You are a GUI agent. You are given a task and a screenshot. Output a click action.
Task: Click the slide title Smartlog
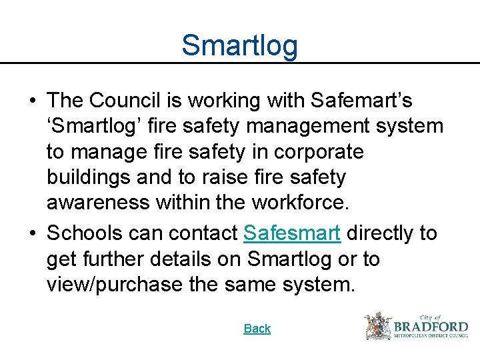tap(239, 45)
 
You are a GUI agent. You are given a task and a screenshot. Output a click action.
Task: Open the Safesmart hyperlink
tap(293, 233)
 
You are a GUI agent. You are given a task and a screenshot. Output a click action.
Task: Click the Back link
tap(257, 329)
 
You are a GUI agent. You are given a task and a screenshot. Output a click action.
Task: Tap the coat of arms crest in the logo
tap(377, 326)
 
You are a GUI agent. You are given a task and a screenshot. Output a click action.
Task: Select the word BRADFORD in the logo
tap(431, 327)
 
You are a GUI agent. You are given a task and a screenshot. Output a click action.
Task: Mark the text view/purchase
tap(114, 285)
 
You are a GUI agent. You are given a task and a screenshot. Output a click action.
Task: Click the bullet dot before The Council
tap(32, 101)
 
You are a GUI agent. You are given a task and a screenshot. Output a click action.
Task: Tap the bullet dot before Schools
tap(32, 234)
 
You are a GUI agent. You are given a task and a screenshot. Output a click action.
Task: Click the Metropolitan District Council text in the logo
tap(431, 337)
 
